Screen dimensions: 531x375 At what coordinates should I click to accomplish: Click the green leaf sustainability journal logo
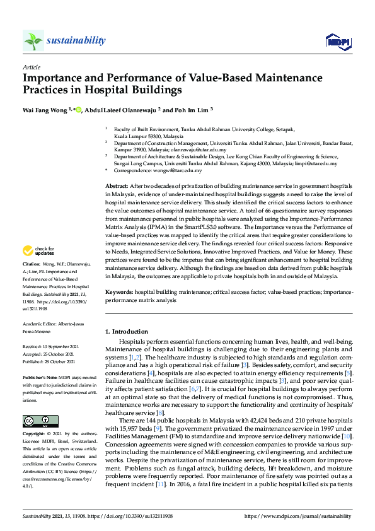pyautogui.click(x=33, y=41)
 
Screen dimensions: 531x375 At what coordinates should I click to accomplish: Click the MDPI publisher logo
pyautogui.click(x=337, y=42)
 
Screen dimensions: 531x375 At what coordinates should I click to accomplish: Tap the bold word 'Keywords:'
pyautogui.click(x=119, y=293)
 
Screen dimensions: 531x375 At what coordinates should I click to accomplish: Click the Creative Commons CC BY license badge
pyautogui.click(x=37, y=421)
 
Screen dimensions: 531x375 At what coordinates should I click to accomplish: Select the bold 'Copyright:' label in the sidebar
pyautogui.click(x=35, y=435)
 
